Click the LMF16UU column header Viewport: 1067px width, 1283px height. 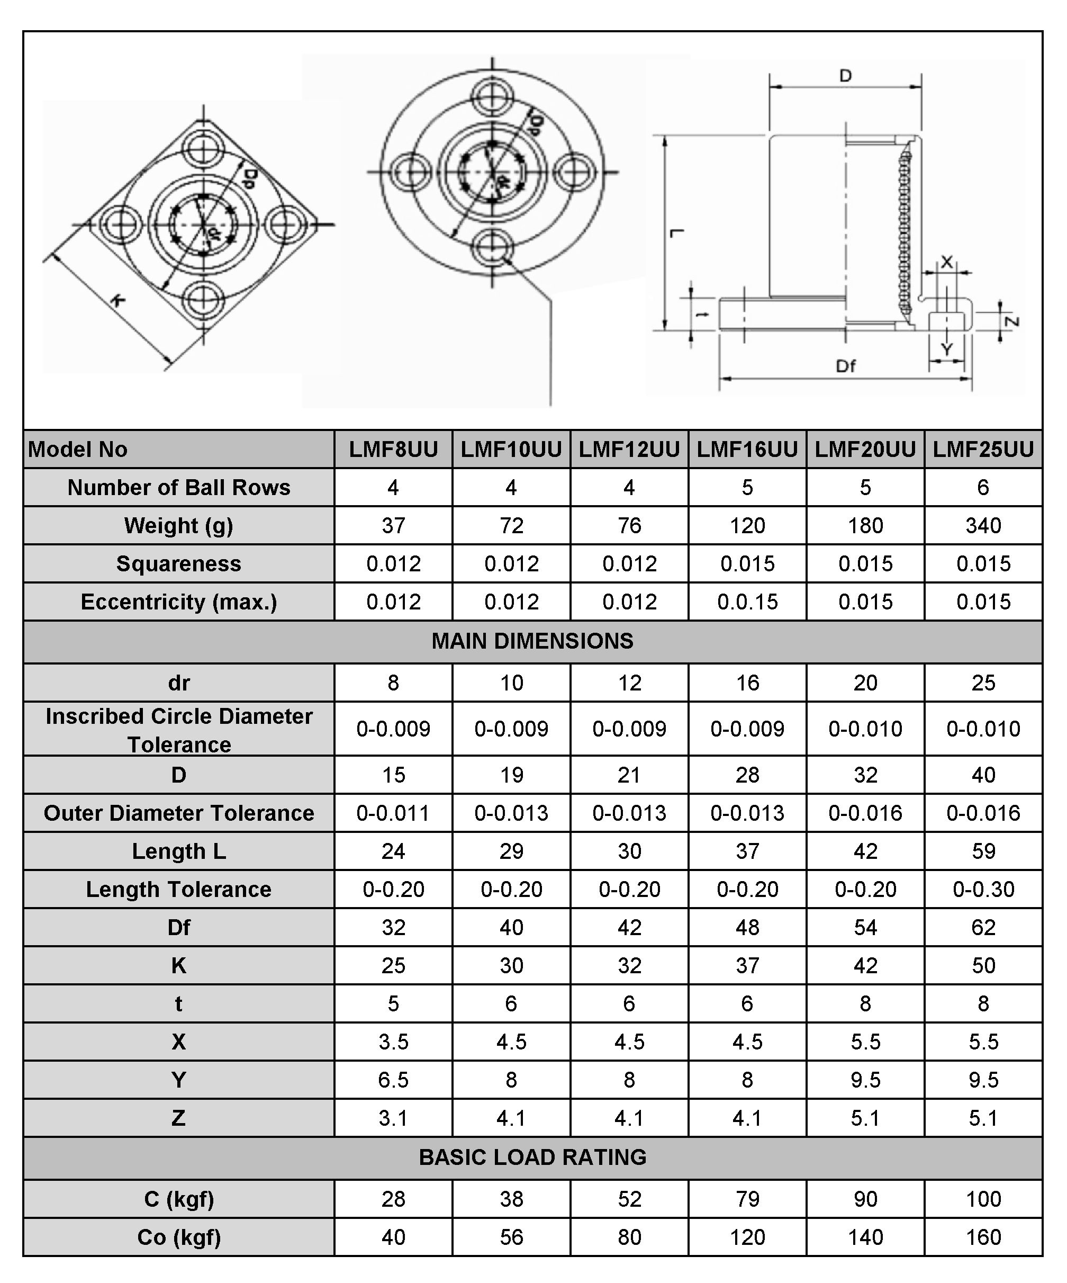click(x=747, y=450)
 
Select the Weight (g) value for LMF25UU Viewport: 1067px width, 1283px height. click(x=983, y=525)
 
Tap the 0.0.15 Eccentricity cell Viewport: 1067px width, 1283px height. click(x=747, y=602)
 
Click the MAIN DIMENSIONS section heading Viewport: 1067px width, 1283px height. click(x=532, y=641)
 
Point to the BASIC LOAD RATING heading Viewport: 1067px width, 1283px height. click(x=532, y=1157)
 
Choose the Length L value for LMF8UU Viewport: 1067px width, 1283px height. click(x=393, y=851)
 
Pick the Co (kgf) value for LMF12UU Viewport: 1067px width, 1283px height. click(x=629, y=1237)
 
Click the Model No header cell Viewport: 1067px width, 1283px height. click(x=78, y=450)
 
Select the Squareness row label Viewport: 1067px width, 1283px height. click(x=178, y=563)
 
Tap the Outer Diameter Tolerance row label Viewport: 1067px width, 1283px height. click(x=178, y=813)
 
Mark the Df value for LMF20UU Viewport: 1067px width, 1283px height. click(x=865, y=927)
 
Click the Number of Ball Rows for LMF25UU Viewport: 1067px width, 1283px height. click(x=983, y=488)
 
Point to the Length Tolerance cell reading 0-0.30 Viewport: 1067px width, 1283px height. click(x=983, y=889)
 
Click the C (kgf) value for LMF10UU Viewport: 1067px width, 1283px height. click(x=511, y=1199)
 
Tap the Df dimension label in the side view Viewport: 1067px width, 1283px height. click(x=846, y=366)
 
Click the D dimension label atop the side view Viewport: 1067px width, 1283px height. click(x=845, y=76)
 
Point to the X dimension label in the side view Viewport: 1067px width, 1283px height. click(x=947, y=262)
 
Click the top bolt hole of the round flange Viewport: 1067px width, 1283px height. click(x=492, y=98)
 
